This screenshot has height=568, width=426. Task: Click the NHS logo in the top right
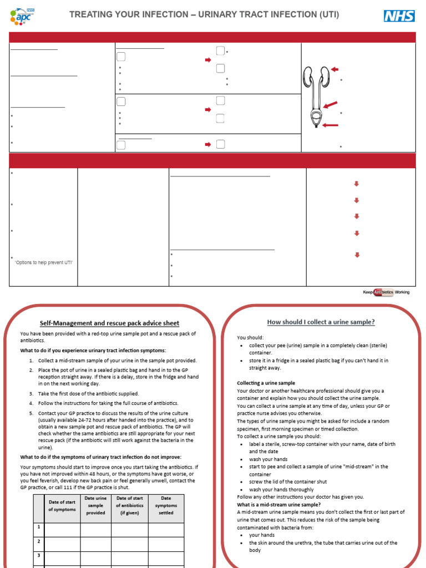pyautogui.click(x=399, y=16)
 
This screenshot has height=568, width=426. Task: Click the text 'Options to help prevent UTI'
pyautogui.click(x=43, y=262)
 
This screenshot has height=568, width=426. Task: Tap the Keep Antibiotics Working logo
pyautogui.click(x=386, y=292)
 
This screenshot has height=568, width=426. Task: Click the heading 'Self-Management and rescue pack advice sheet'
pyautogui.click(x=109, y=323)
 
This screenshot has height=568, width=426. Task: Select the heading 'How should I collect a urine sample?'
pyautogui.click(x=321, y=322)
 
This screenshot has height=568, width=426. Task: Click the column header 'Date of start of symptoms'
pyautogui.click(x=62, y=505)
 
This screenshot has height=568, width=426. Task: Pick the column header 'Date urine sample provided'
pyautogui.click(x=95, y=505)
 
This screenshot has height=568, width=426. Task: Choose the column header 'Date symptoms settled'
pyautogui.click(x=166, y=505)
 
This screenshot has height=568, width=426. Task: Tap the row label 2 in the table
pyautogui.click(x=39, y=541)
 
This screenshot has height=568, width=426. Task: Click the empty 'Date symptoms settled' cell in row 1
pyautogui.click(x=166, y=528)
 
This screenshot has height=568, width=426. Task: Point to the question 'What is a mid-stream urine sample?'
pyautogui.click(x=278, y=505)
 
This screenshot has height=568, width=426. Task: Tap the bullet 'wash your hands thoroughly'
pyautogui.click(x=281, y=490)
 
